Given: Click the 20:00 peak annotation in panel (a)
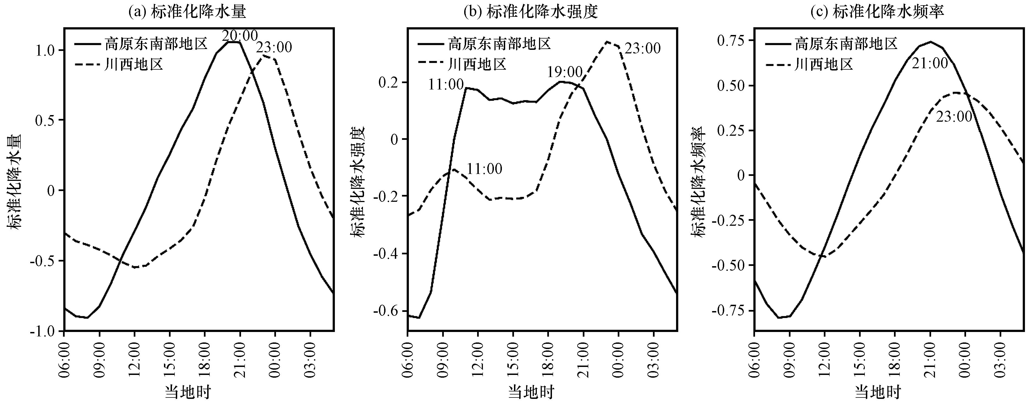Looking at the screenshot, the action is coord(240,36).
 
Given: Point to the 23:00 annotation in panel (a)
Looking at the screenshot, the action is coord(274,47).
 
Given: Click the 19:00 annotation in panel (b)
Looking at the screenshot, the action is coord(565,72).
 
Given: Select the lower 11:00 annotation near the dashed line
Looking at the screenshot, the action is coord(484,169).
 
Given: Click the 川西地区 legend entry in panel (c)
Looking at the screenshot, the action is coord(809,64).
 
